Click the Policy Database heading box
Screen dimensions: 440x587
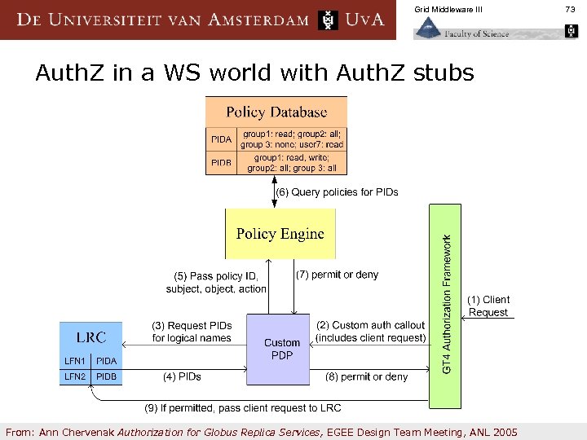(276, 112)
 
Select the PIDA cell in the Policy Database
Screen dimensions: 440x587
(221, 139)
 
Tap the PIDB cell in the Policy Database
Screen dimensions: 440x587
(221, 163)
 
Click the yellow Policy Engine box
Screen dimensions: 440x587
(280, 234)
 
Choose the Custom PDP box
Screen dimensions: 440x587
(281, 349)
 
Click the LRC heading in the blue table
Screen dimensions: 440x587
(90, 337)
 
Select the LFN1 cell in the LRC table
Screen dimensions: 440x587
(75, 360)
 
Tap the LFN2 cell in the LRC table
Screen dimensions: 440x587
(75, 376)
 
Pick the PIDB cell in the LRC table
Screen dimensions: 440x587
(107, 376)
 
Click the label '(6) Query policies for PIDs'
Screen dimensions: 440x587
(338, 192)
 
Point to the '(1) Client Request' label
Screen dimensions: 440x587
(488, 306)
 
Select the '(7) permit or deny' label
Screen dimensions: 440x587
(337, 275)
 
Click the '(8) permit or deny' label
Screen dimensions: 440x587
(366, 376)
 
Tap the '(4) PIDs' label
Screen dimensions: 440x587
(182, 376)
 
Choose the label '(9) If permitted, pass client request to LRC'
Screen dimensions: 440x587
(242, 407)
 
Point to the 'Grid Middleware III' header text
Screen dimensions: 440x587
(448, 9)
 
